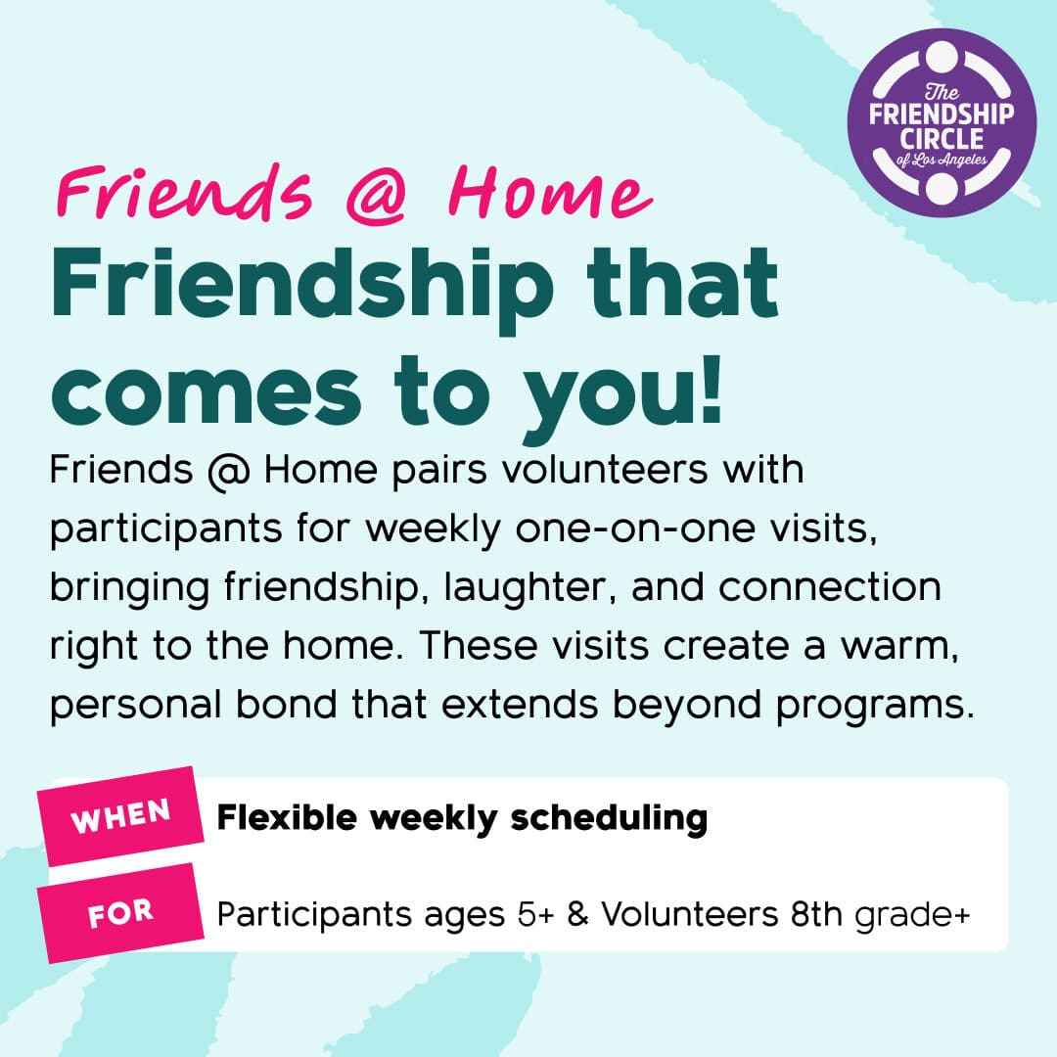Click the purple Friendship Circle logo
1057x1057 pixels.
tap(942, 122)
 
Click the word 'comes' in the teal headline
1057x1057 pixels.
tap(207, 393)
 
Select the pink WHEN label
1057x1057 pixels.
tap(120, 816)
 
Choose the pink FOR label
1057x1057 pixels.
tap(120, 913)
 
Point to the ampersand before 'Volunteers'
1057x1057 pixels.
tap(577, 915)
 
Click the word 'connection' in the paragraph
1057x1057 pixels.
tap(829, 588)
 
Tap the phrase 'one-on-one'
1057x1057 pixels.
tap(635, 528)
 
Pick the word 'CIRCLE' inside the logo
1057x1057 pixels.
tap(942, 139)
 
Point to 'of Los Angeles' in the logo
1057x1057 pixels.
tap(942, 161)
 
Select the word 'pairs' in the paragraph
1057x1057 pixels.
tap(438, 471)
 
